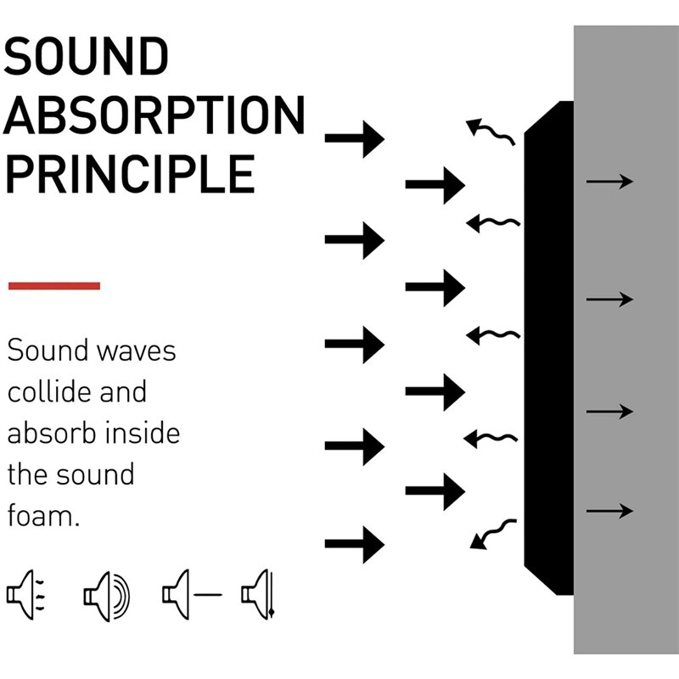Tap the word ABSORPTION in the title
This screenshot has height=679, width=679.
pos(154,116)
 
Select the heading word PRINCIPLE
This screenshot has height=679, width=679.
pos(130,174)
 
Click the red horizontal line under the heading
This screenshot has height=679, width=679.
pos(54,286)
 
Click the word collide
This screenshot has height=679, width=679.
pos(50,391)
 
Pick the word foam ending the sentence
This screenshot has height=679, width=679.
pos(43,515)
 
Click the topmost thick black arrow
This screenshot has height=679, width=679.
pos(355,138)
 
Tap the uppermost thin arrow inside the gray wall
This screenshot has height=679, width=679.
pos(609,181)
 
